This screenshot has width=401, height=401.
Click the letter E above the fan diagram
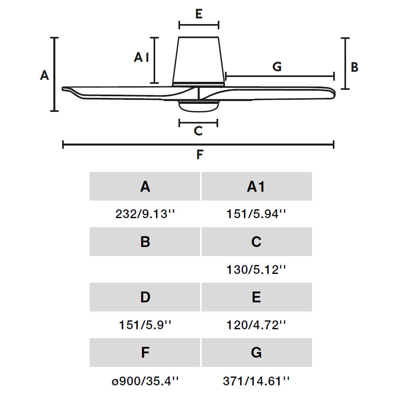199,14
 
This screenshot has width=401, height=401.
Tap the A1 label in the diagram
142,57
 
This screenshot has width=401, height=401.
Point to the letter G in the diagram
277,67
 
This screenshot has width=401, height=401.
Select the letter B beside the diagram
354,67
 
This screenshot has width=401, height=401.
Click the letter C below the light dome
198,131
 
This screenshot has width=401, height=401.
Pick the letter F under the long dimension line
200,154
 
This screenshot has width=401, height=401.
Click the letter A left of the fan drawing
44,75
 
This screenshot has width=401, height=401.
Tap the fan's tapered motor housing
198,61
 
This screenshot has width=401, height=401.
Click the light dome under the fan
198,107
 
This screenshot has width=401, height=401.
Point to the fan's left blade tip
63,89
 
